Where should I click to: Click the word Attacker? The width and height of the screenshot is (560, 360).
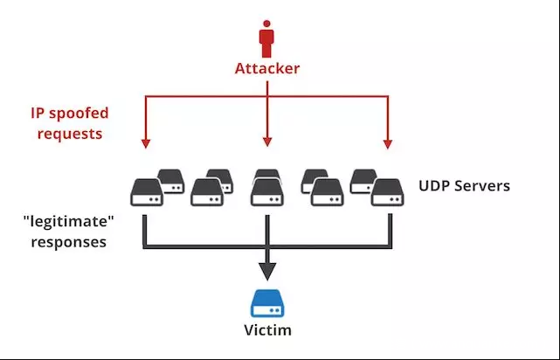point(266,68)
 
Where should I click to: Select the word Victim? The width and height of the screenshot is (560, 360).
point(266,331)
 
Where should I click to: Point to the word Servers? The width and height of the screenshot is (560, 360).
point(485,185)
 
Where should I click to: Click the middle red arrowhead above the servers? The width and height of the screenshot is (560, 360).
point(266,141)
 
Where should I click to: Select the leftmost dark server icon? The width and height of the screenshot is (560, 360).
point(146,191)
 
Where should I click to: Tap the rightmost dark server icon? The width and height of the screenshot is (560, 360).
point(385,191)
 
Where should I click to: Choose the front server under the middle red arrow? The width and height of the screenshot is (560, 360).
point(266,192)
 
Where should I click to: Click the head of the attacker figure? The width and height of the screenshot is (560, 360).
point(266,26)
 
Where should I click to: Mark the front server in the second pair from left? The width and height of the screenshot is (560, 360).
point(207,192)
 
